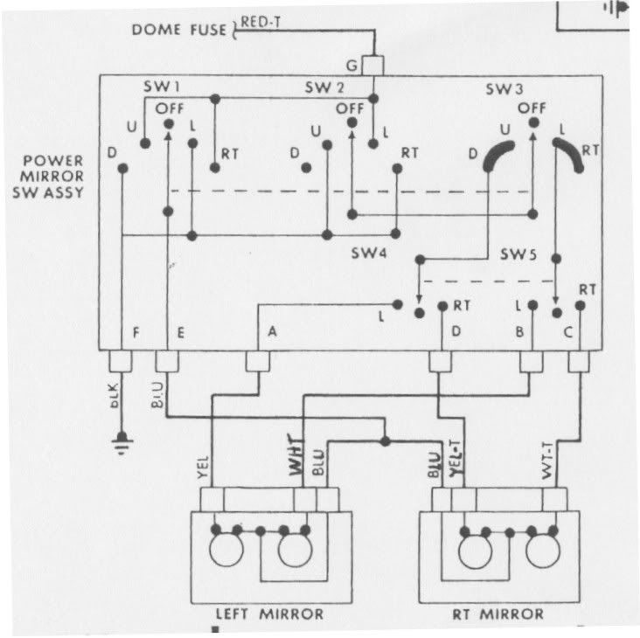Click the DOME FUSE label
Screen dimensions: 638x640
(x=179, y=31)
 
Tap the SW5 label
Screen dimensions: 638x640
(x=518, y=253)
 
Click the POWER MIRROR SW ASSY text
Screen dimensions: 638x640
(x=54, y=177)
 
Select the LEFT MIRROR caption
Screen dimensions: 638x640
(x=269, y=614)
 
